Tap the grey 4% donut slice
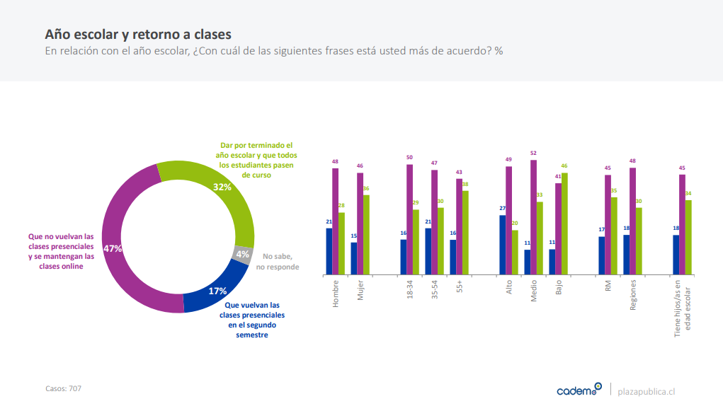[x=243, y=254]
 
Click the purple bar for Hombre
[x=335, y=221]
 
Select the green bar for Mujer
[x=366, y=234]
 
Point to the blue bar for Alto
[x=502, y=244]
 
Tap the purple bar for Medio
[x=533, y=216]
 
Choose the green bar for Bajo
[x=564, y=223]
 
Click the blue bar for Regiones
[x=626, y=254]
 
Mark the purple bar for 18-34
[x=409, y=219]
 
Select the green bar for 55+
[x=465, y=232]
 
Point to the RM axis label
[x=608, y=287]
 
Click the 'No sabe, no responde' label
[x=278, y=262]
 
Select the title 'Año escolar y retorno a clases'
[x=137, y=34]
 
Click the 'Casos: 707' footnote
[x=63, y=388]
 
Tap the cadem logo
[x=579, y=390]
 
